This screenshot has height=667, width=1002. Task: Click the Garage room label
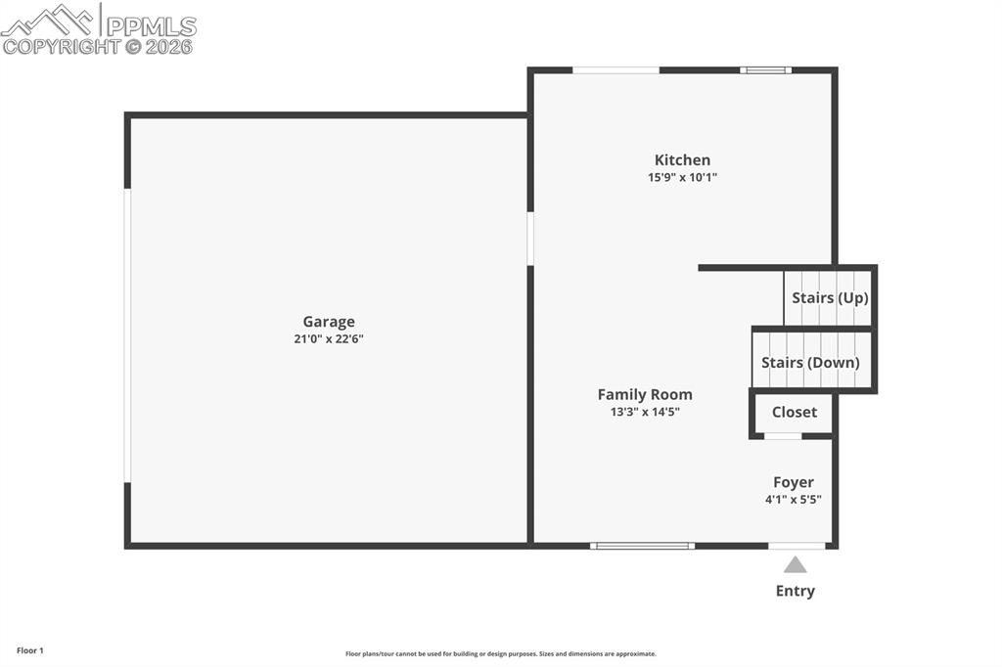coord(329,322)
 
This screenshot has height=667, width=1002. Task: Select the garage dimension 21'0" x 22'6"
coord(329,339)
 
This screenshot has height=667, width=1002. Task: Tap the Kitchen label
coord(682,160)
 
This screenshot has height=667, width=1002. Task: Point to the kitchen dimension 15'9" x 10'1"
coord(682,178)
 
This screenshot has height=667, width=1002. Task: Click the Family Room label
coord(645,395)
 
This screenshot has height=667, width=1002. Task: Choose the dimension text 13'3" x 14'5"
coord(645,413)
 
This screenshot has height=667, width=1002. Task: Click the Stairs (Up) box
coord(829,297)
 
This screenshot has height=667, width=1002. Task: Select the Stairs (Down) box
coord(811,362)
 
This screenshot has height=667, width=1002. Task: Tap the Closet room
coord(794,413)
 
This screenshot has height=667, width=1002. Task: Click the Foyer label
coord(794,482)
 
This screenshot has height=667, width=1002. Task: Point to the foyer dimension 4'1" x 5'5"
coord(794,500)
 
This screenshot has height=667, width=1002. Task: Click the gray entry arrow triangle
coord(796,564)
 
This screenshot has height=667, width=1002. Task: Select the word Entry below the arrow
coord(796,591)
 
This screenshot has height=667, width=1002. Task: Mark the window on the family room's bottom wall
coord(642,546)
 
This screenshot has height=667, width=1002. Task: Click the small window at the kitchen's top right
coord(765,70)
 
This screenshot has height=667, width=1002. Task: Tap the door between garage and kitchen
coord(530,239)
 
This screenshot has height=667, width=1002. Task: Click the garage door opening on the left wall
coord(127,335)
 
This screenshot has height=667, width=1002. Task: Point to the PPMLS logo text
coord(151,26)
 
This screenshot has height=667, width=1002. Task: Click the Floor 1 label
coord(30,650)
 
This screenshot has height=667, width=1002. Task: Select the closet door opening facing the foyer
coord(783,436)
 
